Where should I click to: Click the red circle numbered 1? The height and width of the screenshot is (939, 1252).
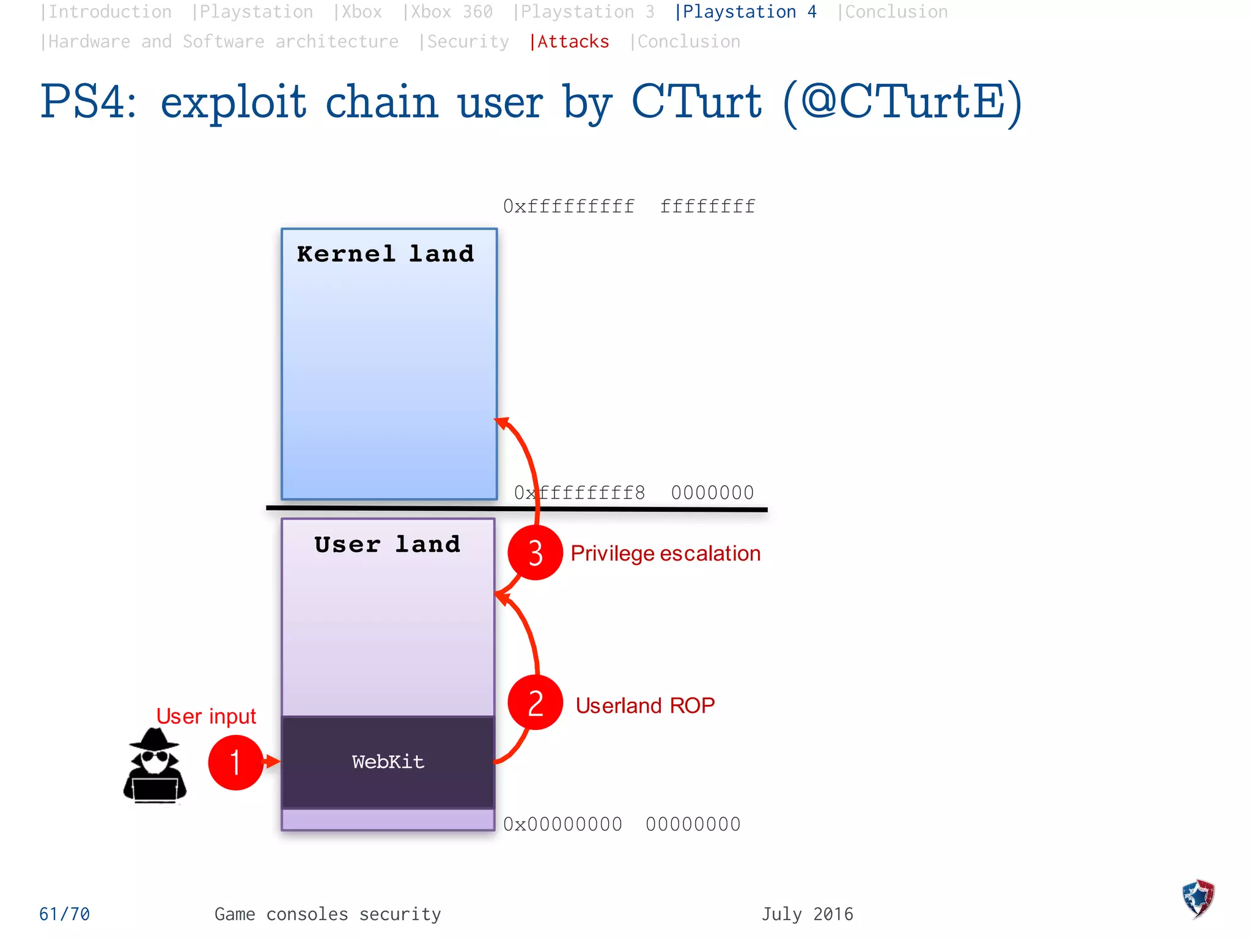click(235, 762)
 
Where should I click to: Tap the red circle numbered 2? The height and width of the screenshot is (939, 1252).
click(535, 702)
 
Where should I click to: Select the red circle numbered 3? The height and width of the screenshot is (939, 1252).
click(535, 553)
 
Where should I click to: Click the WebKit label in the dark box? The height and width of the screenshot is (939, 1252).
click(388, 762)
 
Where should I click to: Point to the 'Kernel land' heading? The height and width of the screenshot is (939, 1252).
click(385, 254)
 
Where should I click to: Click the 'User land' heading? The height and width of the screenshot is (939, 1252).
click(387, 544)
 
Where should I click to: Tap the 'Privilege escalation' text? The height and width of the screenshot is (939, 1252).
click(665, 553)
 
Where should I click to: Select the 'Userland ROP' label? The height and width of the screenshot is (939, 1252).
click(645, 705)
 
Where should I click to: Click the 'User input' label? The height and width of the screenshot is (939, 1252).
click(206, 716)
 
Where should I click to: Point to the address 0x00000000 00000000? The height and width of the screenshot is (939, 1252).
click(622, 824)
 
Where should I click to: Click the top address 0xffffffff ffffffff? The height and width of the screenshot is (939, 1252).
click(629, 207)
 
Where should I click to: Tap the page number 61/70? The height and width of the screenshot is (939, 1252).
click(64, 914)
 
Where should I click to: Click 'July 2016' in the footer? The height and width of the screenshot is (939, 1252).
click(807, 914)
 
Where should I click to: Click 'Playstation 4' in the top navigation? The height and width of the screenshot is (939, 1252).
click(746, 12)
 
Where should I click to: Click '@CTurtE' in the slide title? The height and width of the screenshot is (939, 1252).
click(902, 102)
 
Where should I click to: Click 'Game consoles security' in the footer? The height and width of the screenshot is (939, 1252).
click(328, 914)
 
